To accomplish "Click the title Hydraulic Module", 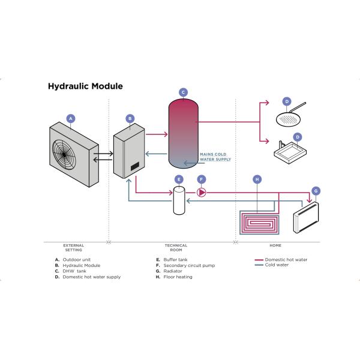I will (x=85, y=86).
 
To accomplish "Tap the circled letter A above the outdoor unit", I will (x=71, y=118).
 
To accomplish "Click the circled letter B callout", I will (x=130, y=119).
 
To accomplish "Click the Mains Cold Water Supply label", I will (x=215, y=157).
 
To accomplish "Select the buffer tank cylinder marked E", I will (x=178, y=200).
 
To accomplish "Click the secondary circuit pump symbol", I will (x=202, y=192).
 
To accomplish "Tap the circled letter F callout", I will (x=202, y=179).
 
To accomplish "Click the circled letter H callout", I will (x=257, y=179).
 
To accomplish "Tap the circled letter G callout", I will (x=316, y=191).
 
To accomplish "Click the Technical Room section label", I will (x=176, y=247).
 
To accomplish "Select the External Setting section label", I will (x=73, y=247).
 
